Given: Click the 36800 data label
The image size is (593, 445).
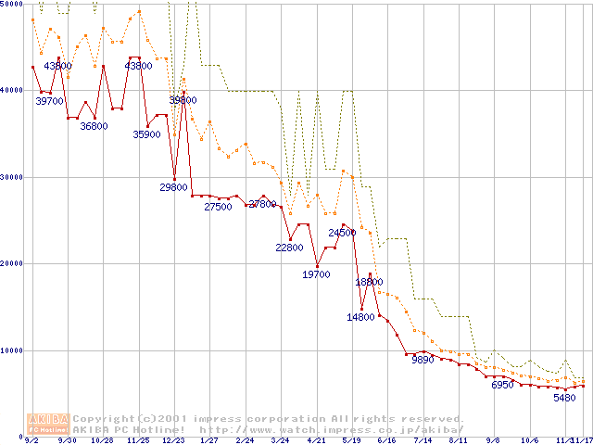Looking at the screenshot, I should point(94,127).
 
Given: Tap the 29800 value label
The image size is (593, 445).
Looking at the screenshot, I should point(174,188).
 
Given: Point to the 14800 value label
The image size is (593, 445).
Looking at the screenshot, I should point(360,317).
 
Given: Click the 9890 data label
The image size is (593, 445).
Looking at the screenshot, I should point(422,361).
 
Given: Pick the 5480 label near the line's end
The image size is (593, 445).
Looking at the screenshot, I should point(564,398).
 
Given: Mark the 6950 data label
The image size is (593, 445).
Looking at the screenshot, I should point(502,385).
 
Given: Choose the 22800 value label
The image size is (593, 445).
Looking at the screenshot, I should point(289,248).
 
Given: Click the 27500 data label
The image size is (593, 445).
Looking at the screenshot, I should point(218,208).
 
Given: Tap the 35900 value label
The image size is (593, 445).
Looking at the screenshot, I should point(147,134).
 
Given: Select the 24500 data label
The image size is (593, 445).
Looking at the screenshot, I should point(343,234).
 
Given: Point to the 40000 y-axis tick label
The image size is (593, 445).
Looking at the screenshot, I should point(13,91).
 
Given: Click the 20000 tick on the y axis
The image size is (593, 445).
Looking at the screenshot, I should point(13,264).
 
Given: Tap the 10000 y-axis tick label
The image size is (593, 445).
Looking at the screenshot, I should point(13,350).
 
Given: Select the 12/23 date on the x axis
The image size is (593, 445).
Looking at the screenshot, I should point(174,441).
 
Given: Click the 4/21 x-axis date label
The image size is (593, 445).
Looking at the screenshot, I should point(316,441).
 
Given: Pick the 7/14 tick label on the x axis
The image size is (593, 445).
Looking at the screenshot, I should point(423,441).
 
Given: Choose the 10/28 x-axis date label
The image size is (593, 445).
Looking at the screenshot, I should point(103,441).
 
